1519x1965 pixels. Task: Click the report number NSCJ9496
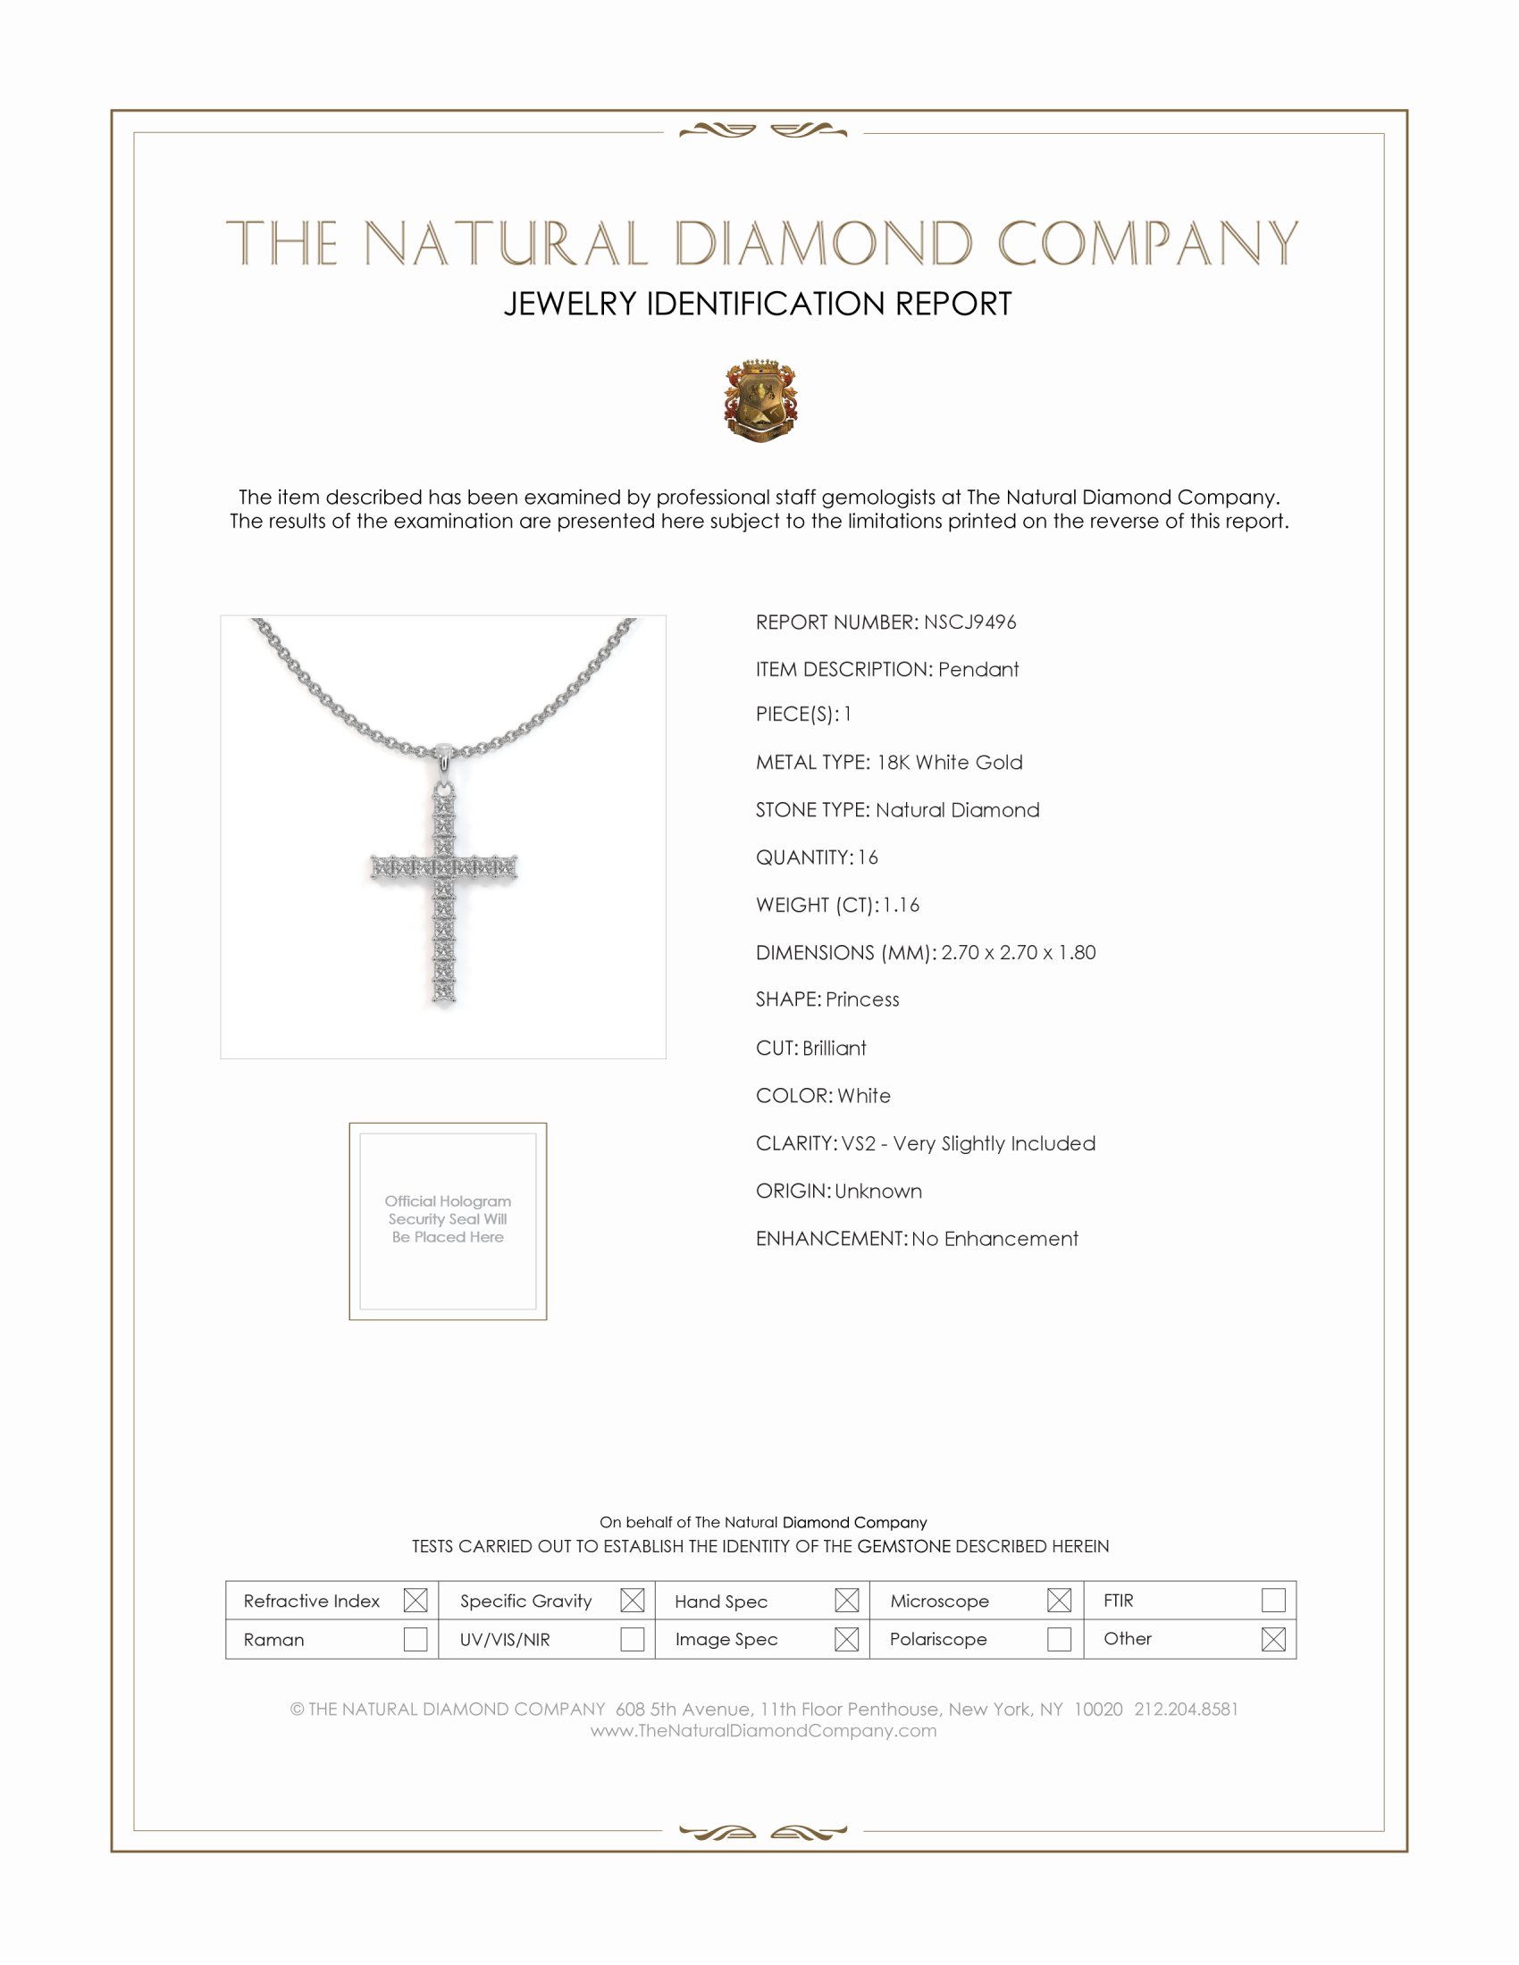[x=969, y=623]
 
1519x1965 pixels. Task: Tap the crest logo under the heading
[x=760, y=401]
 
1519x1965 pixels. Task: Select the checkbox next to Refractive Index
[x=415, y=1601]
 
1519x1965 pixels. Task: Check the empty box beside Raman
[x=415, y=1639]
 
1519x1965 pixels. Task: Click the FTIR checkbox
[x=1272, y=1601]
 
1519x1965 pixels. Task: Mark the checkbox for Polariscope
[x=1058, y=1639]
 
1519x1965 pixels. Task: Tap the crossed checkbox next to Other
[x=1272, y=1639]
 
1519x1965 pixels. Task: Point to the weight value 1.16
[x=901, y=905]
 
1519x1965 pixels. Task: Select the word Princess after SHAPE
[x=862, y=999]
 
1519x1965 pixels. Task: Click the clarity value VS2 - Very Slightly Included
[x=969, y=1143]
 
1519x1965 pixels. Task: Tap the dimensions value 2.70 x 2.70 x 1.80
[x=1018, y=953]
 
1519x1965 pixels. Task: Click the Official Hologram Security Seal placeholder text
[x=448, y=1219]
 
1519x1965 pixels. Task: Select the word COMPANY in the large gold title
[x=1147, y=244]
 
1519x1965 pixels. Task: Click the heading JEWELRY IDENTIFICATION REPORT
[x=758, y=304]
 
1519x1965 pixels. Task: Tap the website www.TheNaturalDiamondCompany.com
[x=763, y=1731]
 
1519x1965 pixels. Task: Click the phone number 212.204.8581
[x=1185, y=1710]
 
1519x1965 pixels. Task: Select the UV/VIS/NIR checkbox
[x=632, y=1639]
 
